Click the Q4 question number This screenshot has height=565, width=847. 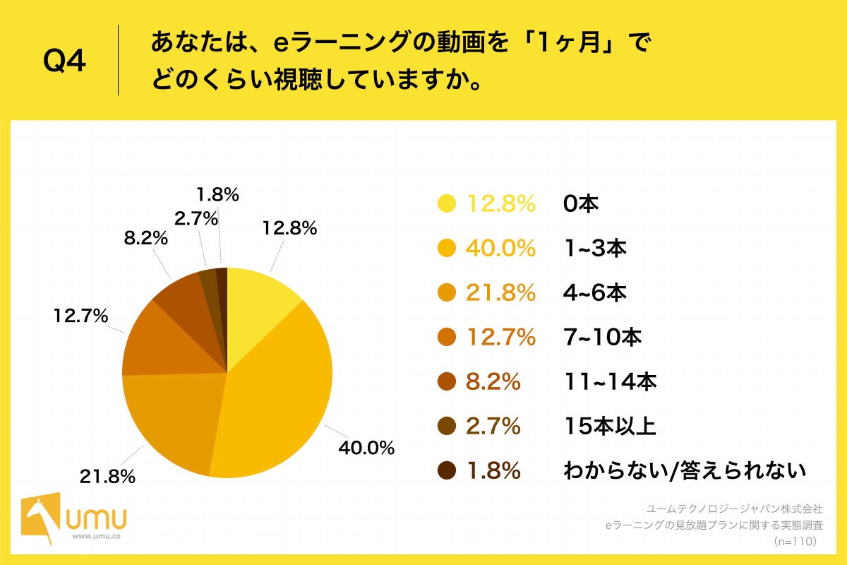click(64, 62)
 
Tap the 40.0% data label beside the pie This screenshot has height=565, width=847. click(366, 448)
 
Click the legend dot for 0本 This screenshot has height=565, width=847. click(447, 204)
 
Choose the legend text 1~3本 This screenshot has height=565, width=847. click(595, 249)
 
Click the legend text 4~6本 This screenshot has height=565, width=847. click(595, 293)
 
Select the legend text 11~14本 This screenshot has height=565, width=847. click(610, 382)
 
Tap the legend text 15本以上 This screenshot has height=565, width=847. click(610, 427)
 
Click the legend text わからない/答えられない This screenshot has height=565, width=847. click(684, 471)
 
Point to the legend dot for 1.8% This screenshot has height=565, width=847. click(447, 471)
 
